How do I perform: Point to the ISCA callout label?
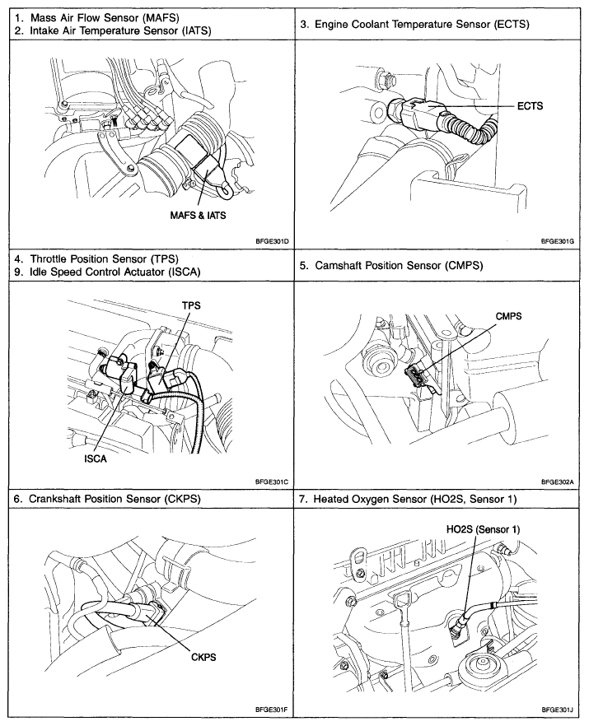tap(95, 460)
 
